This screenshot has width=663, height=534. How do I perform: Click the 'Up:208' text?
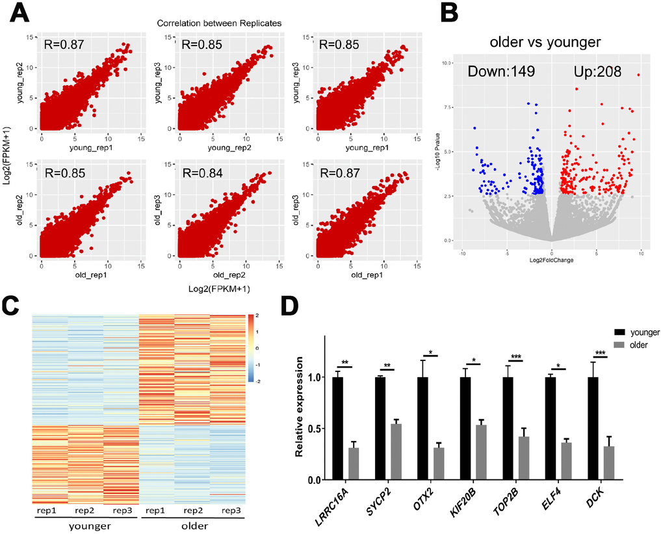(x=597, y=72)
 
